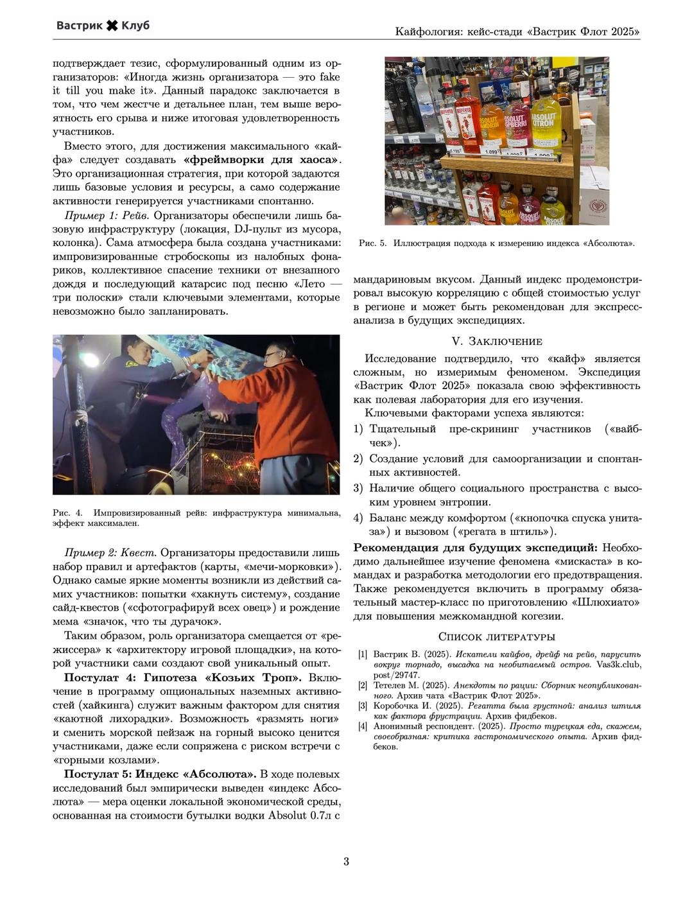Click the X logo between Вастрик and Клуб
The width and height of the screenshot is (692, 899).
[x=112, y=25]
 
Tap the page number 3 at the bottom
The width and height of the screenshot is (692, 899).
[x=346, y=862]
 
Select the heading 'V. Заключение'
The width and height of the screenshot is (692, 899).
[x=497, y=341]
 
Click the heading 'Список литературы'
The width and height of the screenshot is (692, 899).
[x=496, y=637]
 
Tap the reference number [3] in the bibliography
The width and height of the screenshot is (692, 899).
[x=363, y=706]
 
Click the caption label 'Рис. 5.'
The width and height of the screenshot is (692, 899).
[x=372, y=243]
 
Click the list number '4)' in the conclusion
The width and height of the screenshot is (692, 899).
[x=358, y=518]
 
